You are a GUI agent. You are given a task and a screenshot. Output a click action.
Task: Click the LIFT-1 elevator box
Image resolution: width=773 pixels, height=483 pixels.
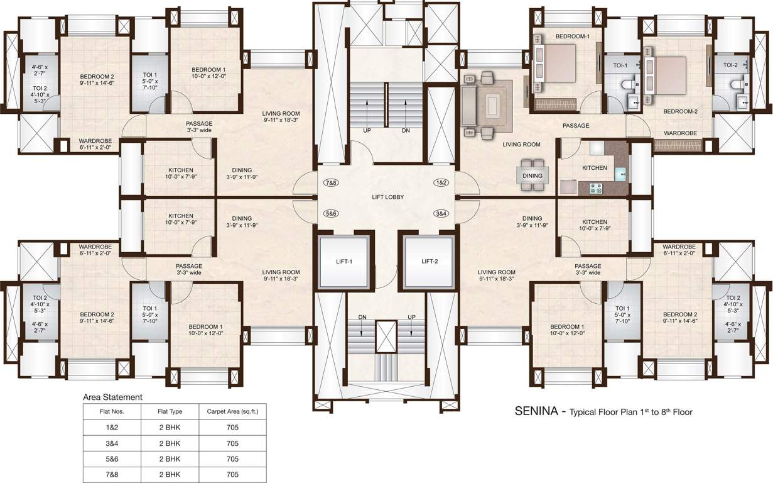[343, 261]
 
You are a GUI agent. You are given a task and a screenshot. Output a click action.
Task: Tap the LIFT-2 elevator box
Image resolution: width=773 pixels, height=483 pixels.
[429, 261]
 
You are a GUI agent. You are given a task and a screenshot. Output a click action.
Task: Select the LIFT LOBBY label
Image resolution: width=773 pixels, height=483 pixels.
[387, 197]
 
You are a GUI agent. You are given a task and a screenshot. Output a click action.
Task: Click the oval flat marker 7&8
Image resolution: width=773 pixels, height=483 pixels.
[331, 182]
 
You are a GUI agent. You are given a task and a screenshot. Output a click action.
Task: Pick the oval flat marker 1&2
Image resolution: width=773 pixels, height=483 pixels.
[441, 182]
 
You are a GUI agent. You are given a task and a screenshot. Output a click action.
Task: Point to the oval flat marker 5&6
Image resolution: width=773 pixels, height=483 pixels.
[331, 214]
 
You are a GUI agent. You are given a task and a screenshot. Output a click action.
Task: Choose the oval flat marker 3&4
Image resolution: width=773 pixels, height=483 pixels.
[441, 214]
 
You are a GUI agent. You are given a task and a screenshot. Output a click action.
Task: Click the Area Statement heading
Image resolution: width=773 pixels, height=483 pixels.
[113, 397]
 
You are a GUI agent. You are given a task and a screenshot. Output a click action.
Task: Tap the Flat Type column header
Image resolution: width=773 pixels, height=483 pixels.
[170, 412]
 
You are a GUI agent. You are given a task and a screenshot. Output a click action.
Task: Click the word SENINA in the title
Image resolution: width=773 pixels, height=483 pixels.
[536, 412]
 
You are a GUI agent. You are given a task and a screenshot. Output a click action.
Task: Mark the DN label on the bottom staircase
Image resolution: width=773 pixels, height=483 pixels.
[362, 317]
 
